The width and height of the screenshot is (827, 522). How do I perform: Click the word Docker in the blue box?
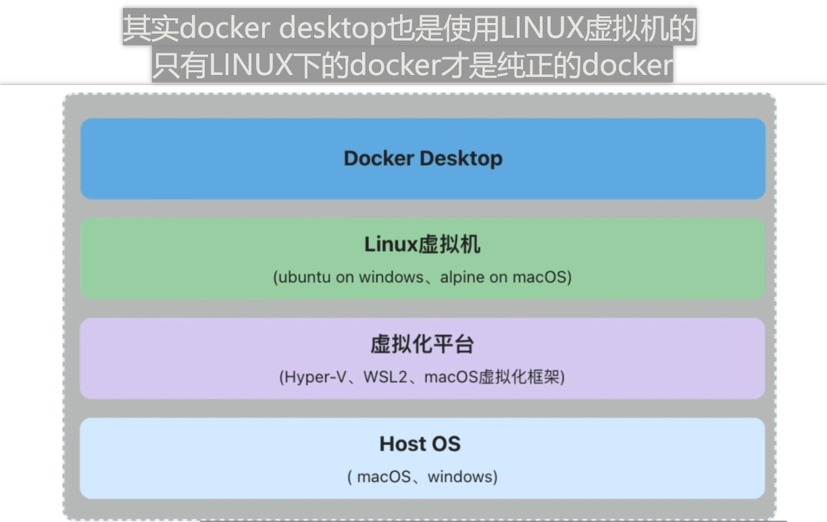pos(379,159)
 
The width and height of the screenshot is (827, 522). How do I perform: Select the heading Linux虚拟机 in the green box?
pos(422,244)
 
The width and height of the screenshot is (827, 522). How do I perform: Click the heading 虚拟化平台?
pos(422,344)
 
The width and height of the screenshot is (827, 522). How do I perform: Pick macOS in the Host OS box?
pos(383,477)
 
